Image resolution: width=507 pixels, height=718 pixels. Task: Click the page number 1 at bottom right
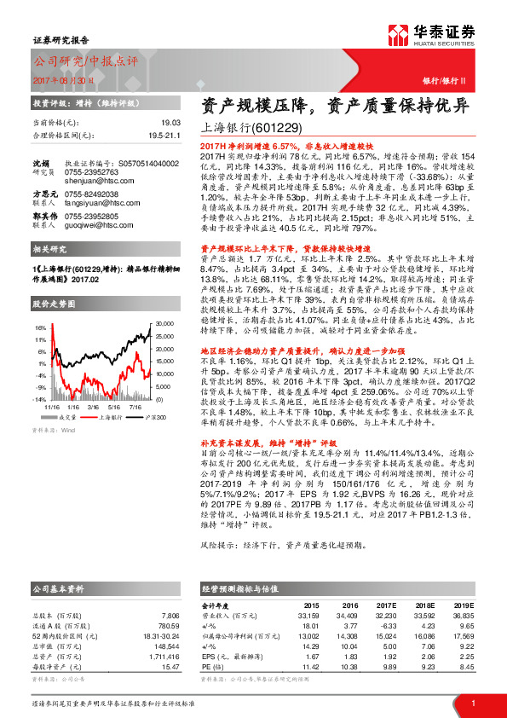pyautogui.click(x=473, y=702)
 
